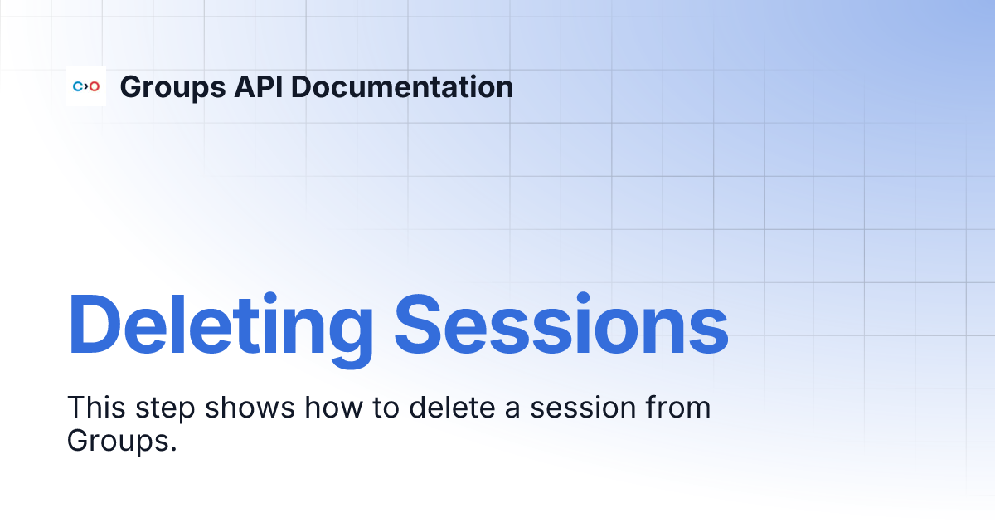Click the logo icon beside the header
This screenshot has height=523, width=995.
coord(86,86)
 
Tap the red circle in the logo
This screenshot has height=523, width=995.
coord(95,86)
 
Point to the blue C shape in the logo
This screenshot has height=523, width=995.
coord(78,86)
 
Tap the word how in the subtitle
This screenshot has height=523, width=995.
coord(337,408)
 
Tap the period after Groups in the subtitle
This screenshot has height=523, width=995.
coord(174,449)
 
